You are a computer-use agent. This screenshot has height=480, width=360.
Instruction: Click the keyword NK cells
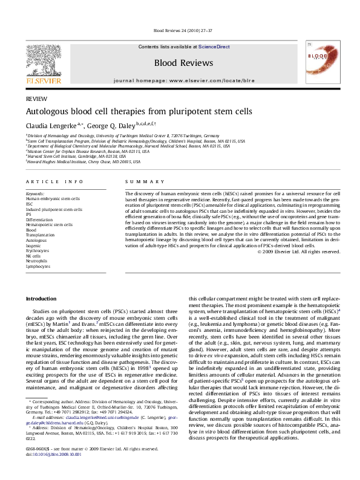[34, 255]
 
